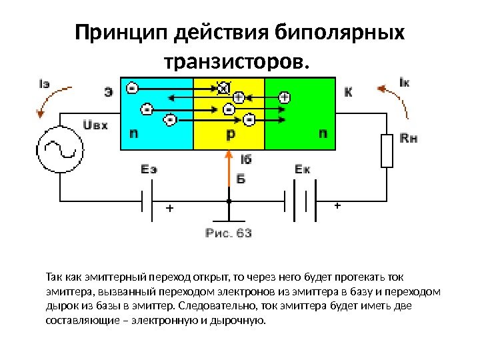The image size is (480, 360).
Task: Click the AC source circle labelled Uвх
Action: coord(59,152)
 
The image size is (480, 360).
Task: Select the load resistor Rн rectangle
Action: coord(387,151)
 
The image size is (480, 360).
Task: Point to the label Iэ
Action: coord(45,83)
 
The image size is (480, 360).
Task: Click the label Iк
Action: coord(404,83)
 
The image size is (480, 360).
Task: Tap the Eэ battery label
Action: coord(149,169)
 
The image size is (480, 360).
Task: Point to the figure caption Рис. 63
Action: coord(228,233)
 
